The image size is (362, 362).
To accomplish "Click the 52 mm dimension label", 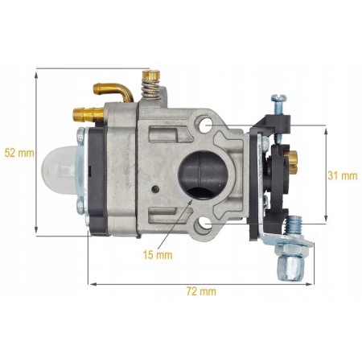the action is click(19, 153).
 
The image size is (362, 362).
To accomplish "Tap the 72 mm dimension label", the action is click(201, 291).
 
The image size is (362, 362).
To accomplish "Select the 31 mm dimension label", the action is click(343, 175).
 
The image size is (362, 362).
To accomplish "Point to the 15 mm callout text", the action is click(158, 254).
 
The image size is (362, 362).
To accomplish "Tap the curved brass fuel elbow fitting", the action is click(113, 92).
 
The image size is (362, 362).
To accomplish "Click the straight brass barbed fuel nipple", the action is click(88, 113).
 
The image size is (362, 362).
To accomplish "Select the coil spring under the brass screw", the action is click(150, 88).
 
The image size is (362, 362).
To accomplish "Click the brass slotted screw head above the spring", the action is click(151, 75).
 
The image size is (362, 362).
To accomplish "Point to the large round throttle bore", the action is click(204, 174).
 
